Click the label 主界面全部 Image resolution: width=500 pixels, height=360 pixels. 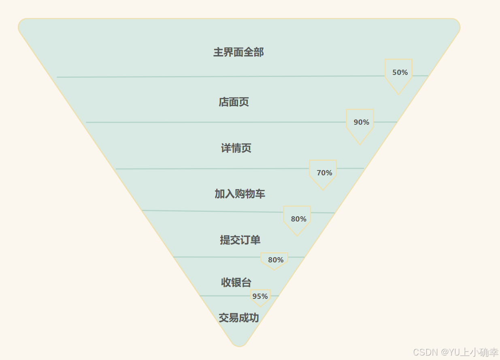click(238, 52)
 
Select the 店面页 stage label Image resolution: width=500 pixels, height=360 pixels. click(234, 102)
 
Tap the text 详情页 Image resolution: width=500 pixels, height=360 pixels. click(236, 148)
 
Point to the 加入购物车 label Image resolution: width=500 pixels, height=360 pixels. click(240, 194)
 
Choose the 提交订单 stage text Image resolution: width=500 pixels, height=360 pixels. click(240, 240)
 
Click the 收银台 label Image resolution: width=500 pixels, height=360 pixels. click(236, 282)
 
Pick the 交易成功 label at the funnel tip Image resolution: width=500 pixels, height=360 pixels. click(239, 318)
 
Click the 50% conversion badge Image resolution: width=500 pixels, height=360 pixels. click(399, 73)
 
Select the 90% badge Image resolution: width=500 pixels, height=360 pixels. click(361, 122)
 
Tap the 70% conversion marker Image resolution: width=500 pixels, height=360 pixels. click(323, 173)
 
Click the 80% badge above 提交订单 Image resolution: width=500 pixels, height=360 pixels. click(298, 219)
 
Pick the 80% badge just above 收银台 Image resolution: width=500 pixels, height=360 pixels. click(275, 260)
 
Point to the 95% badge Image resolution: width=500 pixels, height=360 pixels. click(260, 296)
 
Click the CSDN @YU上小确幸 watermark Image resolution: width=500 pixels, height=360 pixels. click(455, 351)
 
